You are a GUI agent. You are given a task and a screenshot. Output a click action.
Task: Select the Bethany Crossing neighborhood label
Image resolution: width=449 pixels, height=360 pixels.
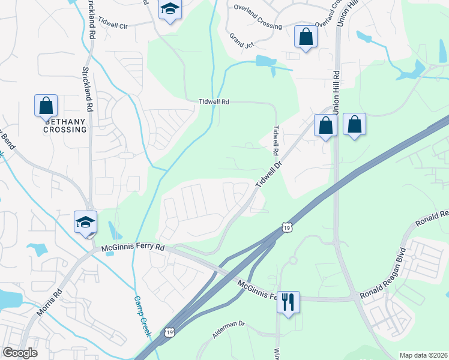pyautogui.click(x=65, y=124)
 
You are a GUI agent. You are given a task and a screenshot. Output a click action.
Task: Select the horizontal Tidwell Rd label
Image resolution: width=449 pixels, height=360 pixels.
pyautogui.click(x=214, y=102)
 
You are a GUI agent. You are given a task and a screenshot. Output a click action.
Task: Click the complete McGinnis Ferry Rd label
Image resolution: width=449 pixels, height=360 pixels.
pyautogui.click(x=133, y=247)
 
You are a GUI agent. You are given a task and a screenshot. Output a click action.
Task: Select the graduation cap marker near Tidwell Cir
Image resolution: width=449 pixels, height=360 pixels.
pyautogui.click(x=170, y=10)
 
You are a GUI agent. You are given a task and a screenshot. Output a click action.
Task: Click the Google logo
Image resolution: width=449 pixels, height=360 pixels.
pyautogui.click(x=20, y=353)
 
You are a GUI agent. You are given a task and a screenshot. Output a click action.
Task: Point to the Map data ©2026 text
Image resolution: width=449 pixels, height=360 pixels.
pyautogui.click(x=423, y=355)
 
